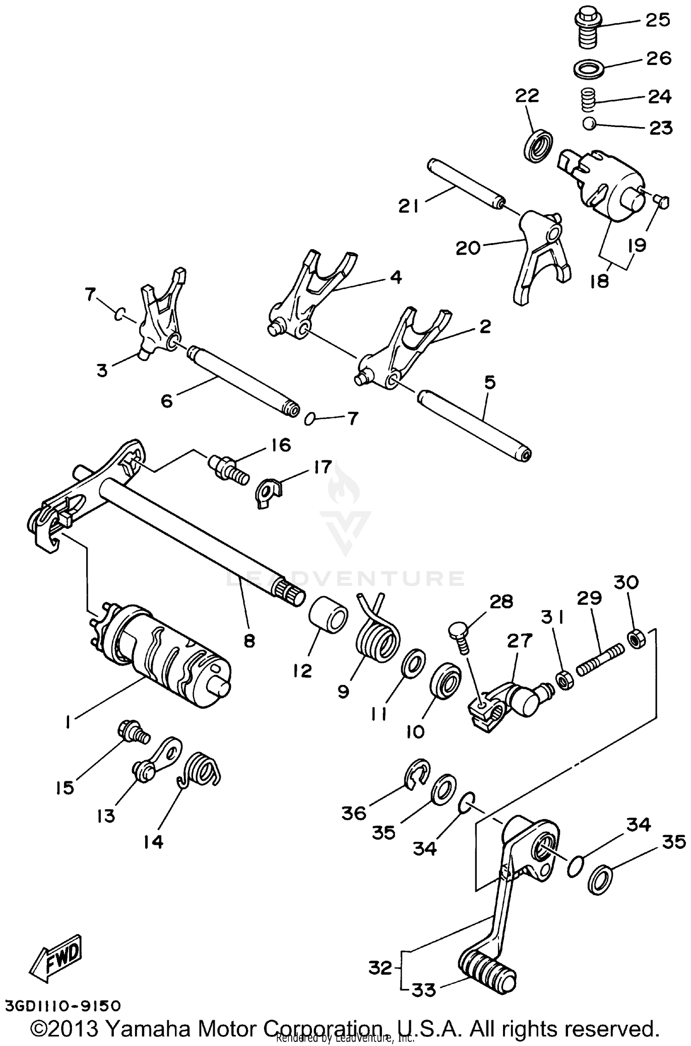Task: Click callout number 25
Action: pos(657,20)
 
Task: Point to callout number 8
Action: pos(249,641)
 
